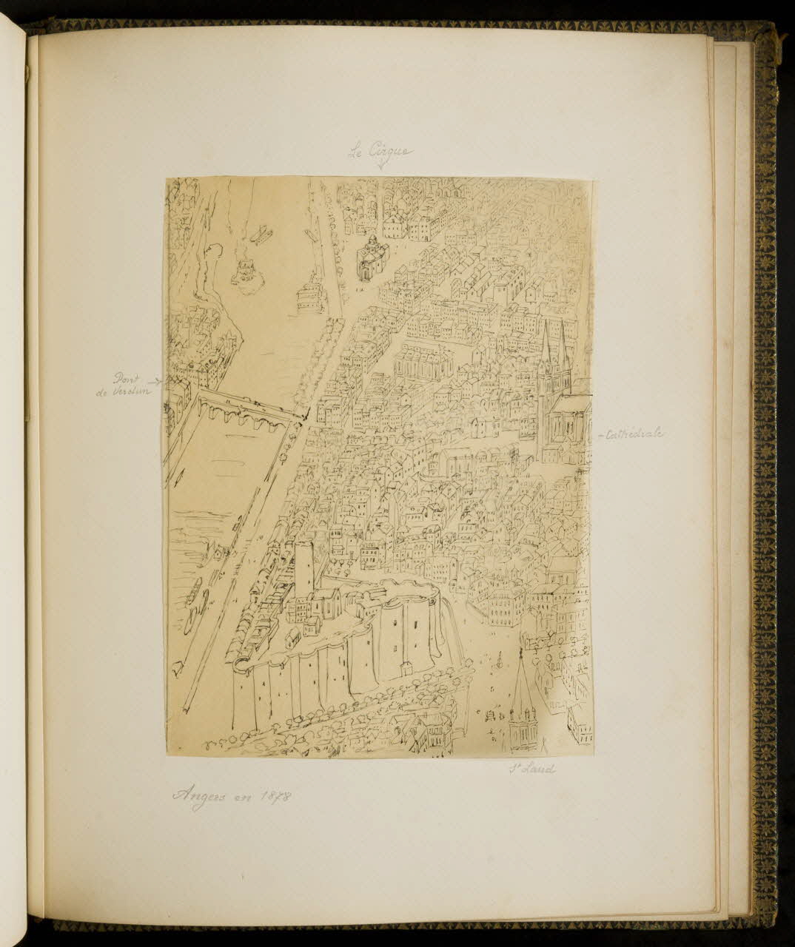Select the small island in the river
[246, 271]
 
